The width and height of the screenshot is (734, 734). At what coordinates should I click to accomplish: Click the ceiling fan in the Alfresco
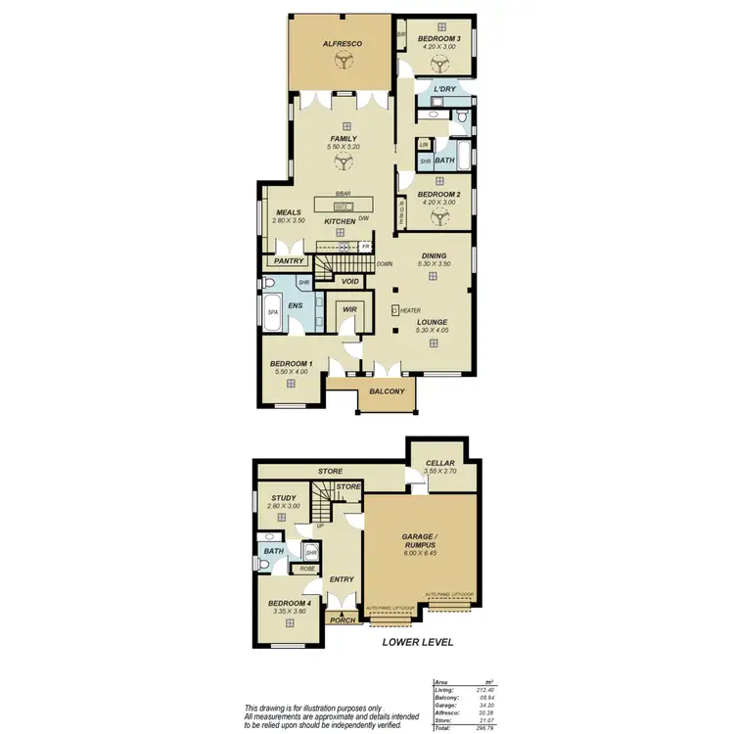pos(343,62)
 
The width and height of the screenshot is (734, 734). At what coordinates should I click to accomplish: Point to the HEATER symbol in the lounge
pos(395,310)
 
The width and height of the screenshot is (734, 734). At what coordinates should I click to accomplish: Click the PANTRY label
pos(289,261)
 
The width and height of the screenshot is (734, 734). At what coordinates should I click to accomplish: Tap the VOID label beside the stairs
pos(351,282)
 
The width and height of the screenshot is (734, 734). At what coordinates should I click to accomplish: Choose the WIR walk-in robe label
pos(349,310)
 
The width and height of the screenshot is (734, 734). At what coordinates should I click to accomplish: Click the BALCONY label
pos(387,392)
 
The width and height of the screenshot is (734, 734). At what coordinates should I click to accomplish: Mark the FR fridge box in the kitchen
pos(364,247)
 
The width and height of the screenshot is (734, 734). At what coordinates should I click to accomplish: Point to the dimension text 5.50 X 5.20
pos(343,147)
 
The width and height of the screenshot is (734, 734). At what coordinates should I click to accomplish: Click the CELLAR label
pos(439,465)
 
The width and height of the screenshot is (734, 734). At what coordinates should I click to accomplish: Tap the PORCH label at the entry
pos(343,619)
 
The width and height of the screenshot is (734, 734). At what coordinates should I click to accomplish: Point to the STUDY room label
pos(283,498)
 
